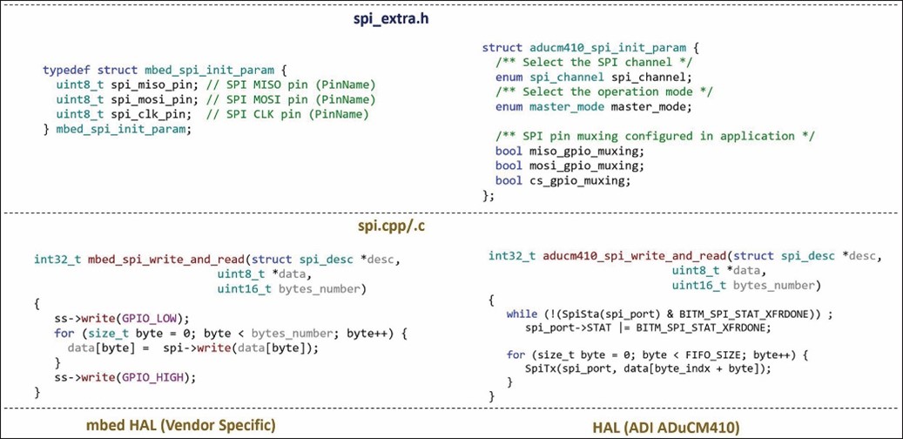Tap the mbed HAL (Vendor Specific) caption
pos(179,424)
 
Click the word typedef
pos(68,70)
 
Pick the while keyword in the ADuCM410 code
pos(522,314)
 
